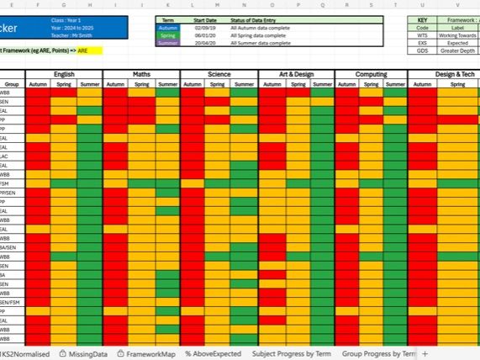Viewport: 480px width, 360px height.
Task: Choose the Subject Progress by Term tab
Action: pos(292,354)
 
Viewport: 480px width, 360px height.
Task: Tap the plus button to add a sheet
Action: pos(425,354)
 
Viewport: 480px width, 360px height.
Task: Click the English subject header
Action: pos(64,75)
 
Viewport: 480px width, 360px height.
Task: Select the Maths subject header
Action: pos(141,75)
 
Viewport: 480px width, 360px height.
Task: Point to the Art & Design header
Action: pos(296,75)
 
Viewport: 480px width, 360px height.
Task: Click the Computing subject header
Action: pos(371,75)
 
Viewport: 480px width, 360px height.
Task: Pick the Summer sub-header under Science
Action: pos(244,85)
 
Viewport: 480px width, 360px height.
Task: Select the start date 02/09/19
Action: pos(207,27)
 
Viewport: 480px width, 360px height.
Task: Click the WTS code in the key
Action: pos(423,34)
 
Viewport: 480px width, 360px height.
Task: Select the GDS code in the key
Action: pos(423,50)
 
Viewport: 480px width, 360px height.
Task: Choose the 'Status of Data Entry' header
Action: pos(257,19)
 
